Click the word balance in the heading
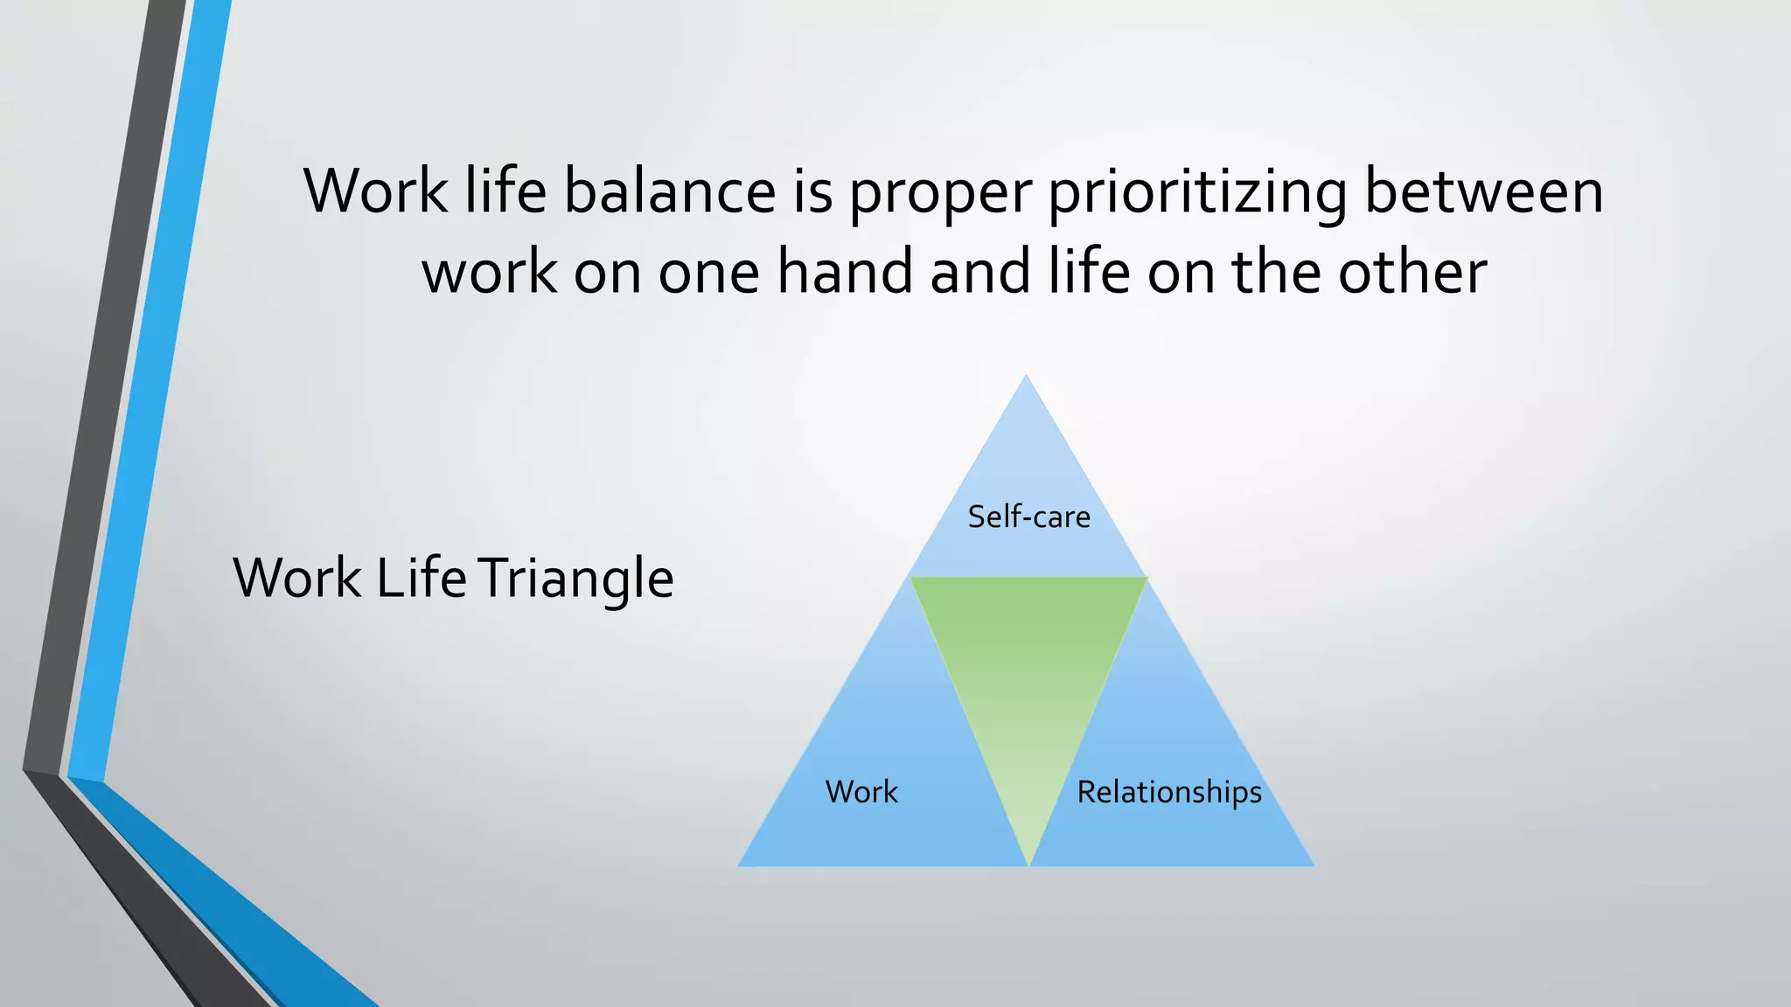670,191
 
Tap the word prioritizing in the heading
1197,191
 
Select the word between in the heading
1483,191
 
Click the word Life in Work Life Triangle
422,578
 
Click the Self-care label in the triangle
1028,517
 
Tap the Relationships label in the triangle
1169,792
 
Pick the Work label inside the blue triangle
861,792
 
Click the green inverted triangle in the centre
1028,664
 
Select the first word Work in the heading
375,191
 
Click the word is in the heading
812,191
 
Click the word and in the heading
980,271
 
